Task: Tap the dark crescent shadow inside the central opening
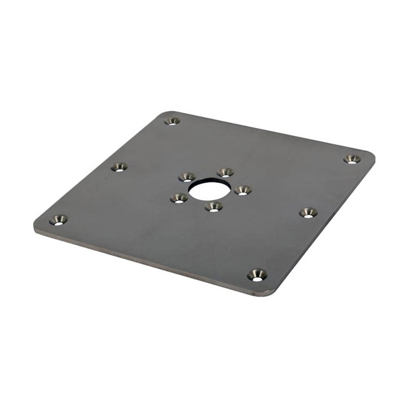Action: tap(209, 182)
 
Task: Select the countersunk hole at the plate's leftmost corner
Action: tap(59, 220)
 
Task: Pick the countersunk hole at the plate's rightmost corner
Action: tap(352, 159)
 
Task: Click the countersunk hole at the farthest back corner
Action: tap(172, 121)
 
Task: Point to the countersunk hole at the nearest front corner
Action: tap(257, 275)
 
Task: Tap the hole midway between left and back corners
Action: tap(119, 166)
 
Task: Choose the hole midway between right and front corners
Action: tap(308, 212)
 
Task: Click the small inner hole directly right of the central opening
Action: tap(243, 190)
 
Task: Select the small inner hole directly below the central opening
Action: tap(214, 206)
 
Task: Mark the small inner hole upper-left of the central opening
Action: tap(187, 177)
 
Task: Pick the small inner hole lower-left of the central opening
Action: tap(179, 198)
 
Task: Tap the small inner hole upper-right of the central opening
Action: tap(225, 172)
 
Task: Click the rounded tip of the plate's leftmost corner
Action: tap(36, 226)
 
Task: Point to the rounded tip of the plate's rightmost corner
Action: tap(373, 155)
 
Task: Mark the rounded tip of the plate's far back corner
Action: tap(164, 113)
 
